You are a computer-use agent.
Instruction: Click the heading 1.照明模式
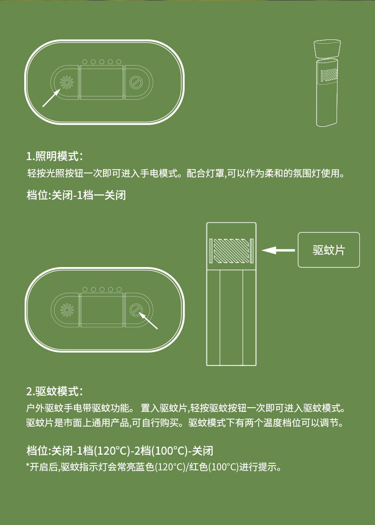[x=55, y=156]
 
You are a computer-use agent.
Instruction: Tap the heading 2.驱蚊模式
[x=55, y=391]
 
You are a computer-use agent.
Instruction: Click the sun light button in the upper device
[x=66, y=82]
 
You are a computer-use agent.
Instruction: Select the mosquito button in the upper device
[x=136, y=82]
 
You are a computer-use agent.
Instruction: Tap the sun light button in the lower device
[x=66, y=310]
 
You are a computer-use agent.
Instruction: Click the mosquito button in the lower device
[x=136, y=310]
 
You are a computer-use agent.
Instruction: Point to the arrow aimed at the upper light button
[x=52, y=97]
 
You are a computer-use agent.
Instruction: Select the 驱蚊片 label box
[x=328, y=250]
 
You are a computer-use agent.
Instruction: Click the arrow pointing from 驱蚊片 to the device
[x=278, y=250]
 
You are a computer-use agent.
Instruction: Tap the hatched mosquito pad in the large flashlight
[x=231, y=250]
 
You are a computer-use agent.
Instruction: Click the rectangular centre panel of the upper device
[x=102, y=82]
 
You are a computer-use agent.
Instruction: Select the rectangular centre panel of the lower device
[x=102, y=310]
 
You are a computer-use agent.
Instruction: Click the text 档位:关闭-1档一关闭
[x=76, y=195]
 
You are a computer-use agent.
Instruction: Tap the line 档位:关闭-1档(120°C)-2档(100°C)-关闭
[x=120, y=450]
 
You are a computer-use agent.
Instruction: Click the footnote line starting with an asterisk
[x=154, y=467]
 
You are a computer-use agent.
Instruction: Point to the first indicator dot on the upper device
[x=85, y=62]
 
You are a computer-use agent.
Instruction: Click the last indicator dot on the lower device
[x=119, y=289]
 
